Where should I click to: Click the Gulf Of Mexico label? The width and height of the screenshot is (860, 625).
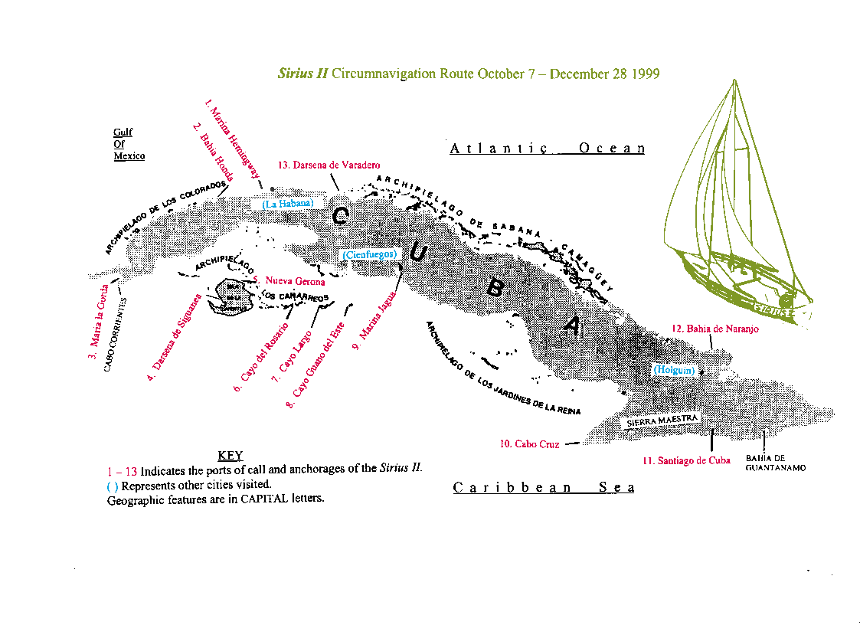pos(129,144)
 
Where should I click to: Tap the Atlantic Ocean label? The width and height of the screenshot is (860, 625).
pos(547,149)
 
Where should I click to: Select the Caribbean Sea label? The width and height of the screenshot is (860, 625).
pos(544,488)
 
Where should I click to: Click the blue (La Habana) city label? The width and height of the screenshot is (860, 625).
pos(287,204)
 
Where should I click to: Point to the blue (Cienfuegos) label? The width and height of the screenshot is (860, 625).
pos(369,254)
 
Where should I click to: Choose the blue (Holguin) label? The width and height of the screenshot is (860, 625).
pos(674,370)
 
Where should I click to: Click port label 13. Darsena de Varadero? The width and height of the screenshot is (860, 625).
pos(329,165)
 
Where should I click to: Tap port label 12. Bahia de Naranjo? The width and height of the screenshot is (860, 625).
pos(715,329)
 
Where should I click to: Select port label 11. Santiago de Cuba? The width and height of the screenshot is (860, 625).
pos(686,460)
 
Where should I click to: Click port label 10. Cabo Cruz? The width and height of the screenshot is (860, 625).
pos(529,443)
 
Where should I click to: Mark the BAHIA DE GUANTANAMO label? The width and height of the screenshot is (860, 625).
pos(775,463)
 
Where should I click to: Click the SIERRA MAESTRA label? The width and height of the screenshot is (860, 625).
pos(661,420)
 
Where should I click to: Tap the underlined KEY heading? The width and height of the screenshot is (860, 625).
pos(230,456)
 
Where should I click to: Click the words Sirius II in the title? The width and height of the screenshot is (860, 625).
pos(302,74)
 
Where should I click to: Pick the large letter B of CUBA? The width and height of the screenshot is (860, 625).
pos(495,290)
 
